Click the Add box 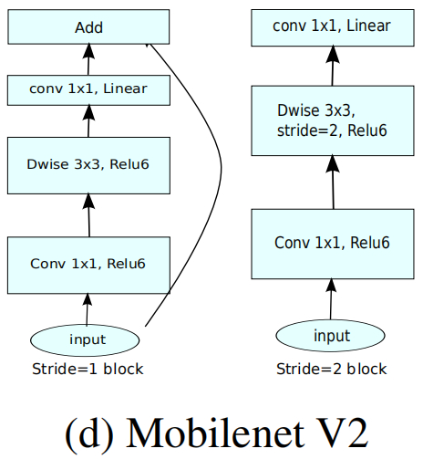pyautogui.click(x=88, y=26)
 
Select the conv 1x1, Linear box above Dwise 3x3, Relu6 pyautogui.click(x=88, y=89)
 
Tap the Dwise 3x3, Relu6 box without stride pyautogui.click(x=88, y=164)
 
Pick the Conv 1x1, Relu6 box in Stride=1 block pyautogui.click(x=88, y=263)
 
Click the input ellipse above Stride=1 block pyautogui.click(x=88, y=339)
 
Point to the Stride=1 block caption pyautogui.click(x=87, y=369)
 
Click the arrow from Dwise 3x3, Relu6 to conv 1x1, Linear pyautogui.click(x=88, y=121)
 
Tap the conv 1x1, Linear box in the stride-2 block pyautogui.click(x=332, y=26)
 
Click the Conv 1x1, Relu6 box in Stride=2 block pyautogui.click(x=332, y=243)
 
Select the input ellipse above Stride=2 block pyautogui.click(x=332, y=336)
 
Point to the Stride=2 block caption pyautogui.click(x=331, y=369)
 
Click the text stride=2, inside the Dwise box pyautogui.click(x=306, y=130)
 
